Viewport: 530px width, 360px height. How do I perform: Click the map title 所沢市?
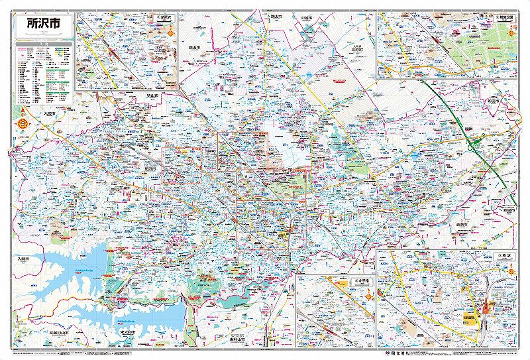[41, 23]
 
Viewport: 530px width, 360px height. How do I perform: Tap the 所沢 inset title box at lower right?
[506, 255]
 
